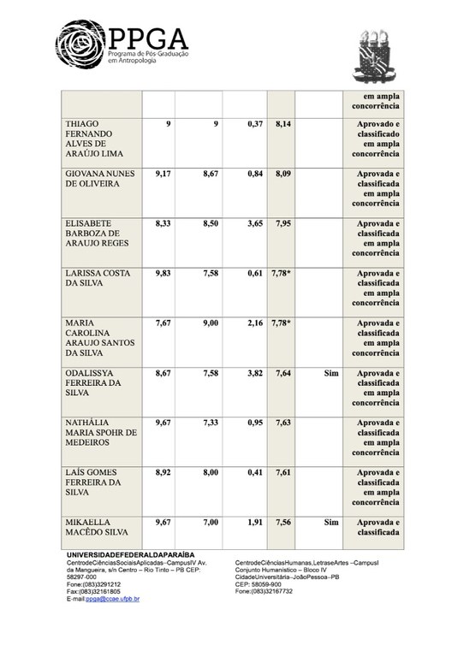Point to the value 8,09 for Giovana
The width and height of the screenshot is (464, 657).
click(x=285, y=174)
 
